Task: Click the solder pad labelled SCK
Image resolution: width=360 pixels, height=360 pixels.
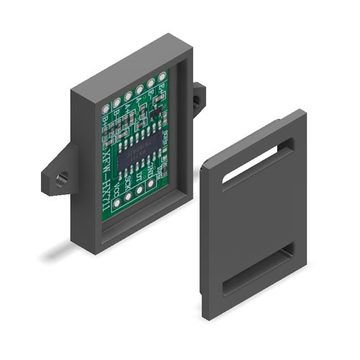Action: tap(129, 197)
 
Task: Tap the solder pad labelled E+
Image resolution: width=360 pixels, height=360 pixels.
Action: tap(162, 78)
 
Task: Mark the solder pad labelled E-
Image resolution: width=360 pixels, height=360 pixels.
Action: tap(150, 84)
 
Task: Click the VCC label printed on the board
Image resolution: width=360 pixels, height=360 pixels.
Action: tap(117, 189)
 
